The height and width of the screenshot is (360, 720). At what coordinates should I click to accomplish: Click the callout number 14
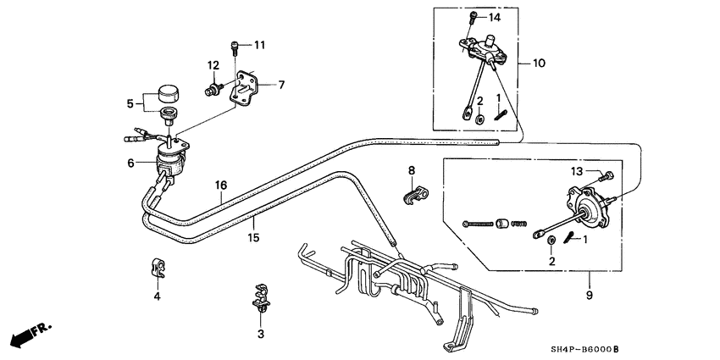click(x=493, y=18)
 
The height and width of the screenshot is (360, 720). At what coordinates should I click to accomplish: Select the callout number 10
click(x=540, y=63)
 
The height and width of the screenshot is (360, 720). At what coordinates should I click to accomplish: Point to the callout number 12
click(x=214, y=66)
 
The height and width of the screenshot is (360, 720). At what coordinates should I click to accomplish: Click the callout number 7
click(x=281, y=84)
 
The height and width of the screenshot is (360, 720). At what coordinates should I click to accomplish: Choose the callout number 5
click(x=130, y=104)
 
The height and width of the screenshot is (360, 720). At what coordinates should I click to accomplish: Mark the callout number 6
click(x=131, y=163)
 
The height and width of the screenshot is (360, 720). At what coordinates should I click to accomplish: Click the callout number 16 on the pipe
click(x=220, y=186)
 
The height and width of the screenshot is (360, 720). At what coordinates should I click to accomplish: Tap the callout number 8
click(x=413, y=171)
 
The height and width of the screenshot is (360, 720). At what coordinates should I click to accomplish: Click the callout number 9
click(x=590, y=296)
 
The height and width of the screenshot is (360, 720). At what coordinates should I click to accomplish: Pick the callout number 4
click(x=157, y=296)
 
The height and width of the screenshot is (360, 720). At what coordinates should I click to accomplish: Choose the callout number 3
click(x=261, y=335)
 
